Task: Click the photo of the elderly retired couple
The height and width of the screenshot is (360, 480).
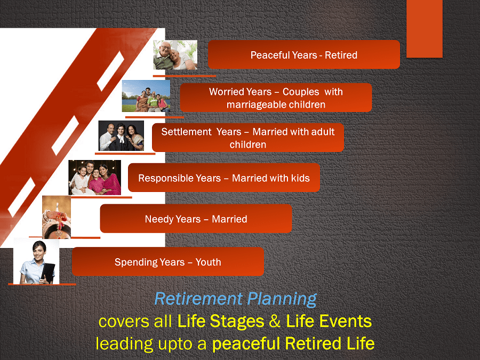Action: [x=175, y=55]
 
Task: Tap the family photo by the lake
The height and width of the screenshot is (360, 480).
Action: [x=146, y=96]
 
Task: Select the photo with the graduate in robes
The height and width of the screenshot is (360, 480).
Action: [x=121, y=135]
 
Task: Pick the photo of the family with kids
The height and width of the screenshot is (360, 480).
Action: [x=94, y=178]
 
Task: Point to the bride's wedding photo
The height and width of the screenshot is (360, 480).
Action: [x=57, y=217]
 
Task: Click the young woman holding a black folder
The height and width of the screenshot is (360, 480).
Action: [x=36, y=262]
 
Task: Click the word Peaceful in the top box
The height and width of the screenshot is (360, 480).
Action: [x=266, y=55]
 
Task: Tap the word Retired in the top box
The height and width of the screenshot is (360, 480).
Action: [x=341, y=55]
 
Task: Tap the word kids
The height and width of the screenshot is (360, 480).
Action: [x=300, y=178]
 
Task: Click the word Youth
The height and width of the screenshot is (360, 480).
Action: [x=208, y=262]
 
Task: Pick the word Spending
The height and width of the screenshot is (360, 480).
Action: [x=135, y=262]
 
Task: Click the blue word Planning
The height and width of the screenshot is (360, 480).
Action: [x=282, y=299]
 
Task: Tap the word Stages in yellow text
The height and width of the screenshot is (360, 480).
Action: [x=237, y=322]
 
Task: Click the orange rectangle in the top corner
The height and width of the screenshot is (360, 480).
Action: [x=425, y=29]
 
